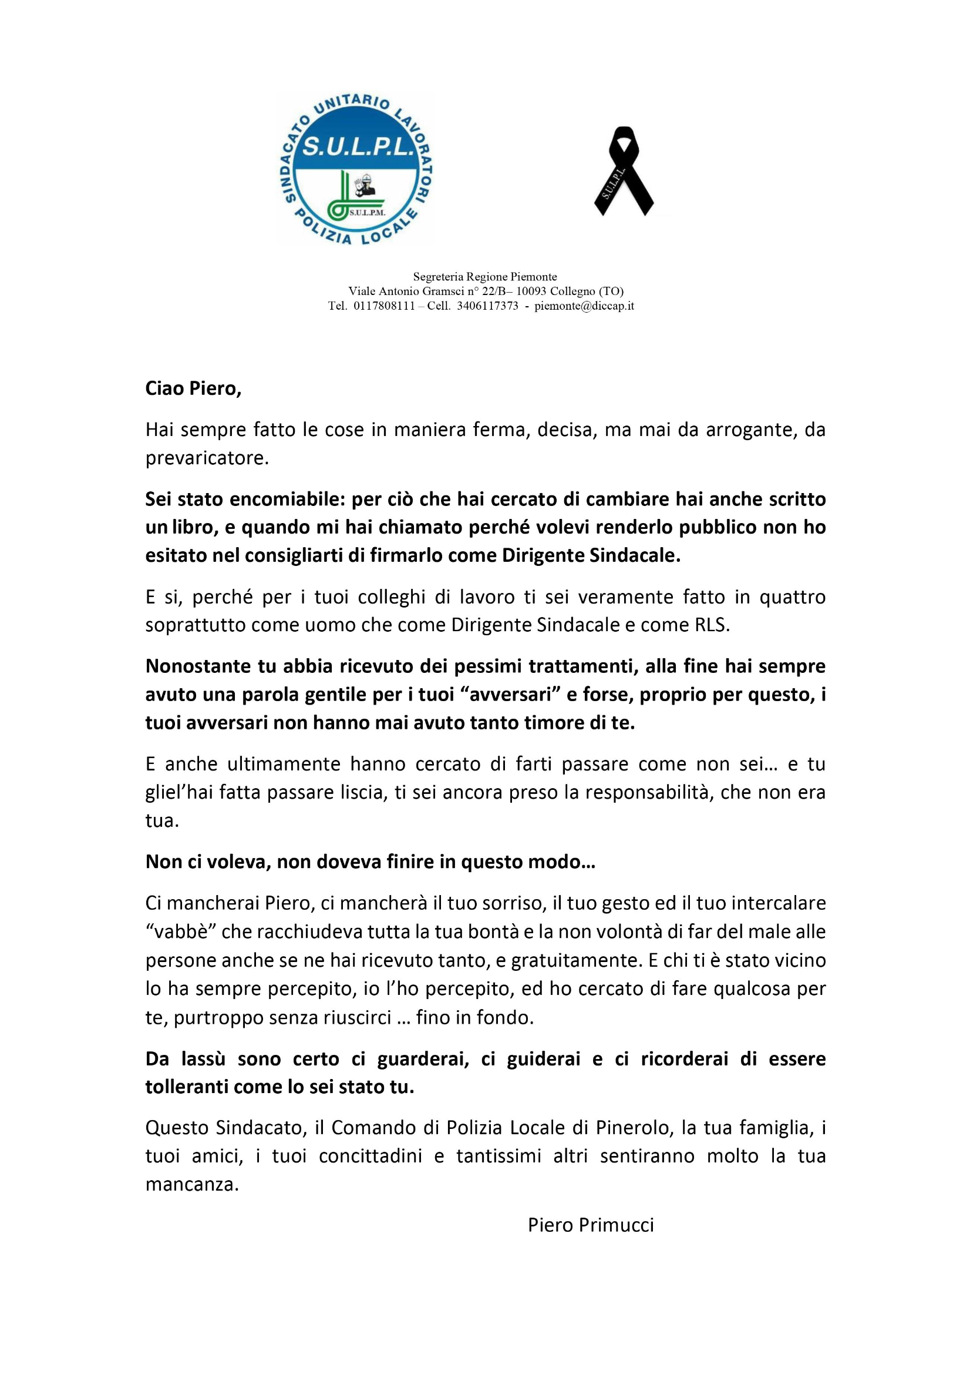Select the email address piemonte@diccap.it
tap(584, 306)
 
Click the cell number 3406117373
tap(487, 306)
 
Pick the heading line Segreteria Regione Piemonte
tap(485, 276)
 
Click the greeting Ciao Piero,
tap(193, 388)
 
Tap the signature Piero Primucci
tap(591, 1225)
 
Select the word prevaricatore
tap(207, 458)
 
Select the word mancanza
tap(191, 1184)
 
